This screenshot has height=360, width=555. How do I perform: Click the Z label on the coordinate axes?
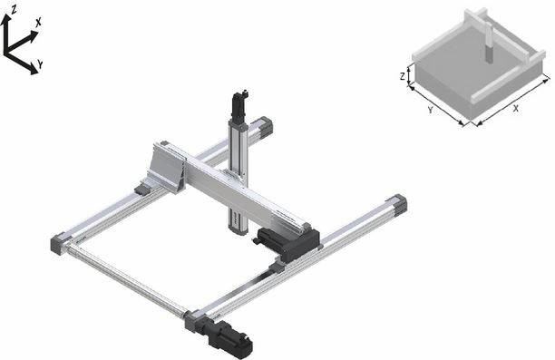click(x=14, y=10)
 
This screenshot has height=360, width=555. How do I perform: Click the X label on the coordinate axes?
click(x=38, y=23)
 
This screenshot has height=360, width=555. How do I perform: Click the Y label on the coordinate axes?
click(x=40, y=64)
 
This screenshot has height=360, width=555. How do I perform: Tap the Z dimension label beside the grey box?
click(x=402, y=76)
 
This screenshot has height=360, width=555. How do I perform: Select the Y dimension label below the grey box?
click(x=431, y=110)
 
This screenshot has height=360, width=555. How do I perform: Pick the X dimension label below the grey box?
click(x=516, y=110)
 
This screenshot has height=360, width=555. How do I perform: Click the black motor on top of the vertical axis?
click(x=239, y=105)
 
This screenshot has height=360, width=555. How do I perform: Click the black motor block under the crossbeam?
click(x=287, y=242)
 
